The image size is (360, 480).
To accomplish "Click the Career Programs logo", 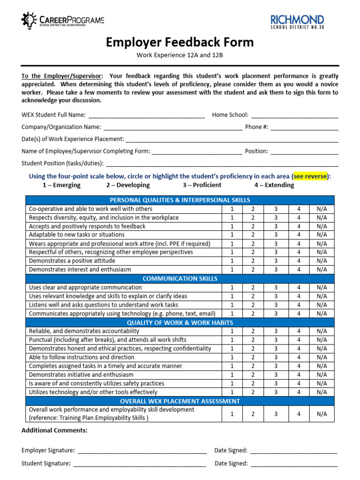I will pos(62,21).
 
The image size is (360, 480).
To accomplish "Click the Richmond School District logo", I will pos(297,22).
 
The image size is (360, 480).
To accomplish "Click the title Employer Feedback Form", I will pos(180,42).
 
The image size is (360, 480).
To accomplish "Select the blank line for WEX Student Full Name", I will pos(146,115).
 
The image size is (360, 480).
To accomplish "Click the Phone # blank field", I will pos(304,127).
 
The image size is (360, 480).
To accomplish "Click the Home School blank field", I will pos(294,115).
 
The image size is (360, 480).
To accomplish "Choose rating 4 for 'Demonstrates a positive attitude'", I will pos(299,261).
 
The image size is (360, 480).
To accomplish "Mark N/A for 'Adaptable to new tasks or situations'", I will pos(322,234).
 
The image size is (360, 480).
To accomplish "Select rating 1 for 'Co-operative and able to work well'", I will pos(232,209).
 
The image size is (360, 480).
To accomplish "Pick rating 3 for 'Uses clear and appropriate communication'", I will pos(276,287).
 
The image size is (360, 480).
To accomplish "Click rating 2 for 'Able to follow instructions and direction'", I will pos(253,357).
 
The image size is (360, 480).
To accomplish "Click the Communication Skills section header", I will pos(180,278).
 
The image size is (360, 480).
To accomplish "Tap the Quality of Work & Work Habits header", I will pos(180,322).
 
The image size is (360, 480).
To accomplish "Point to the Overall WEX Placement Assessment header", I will pos(180,401).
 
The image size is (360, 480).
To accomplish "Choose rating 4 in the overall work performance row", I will pos(299,414).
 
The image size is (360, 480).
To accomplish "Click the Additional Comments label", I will pos(54,430).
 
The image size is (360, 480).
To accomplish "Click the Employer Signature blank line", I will pos(142,451).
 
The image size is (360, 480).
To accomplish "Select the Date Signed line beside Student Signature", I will pos(294,464).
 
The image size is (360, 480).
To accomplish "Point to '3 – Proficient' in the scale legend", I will pos(202,185).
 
